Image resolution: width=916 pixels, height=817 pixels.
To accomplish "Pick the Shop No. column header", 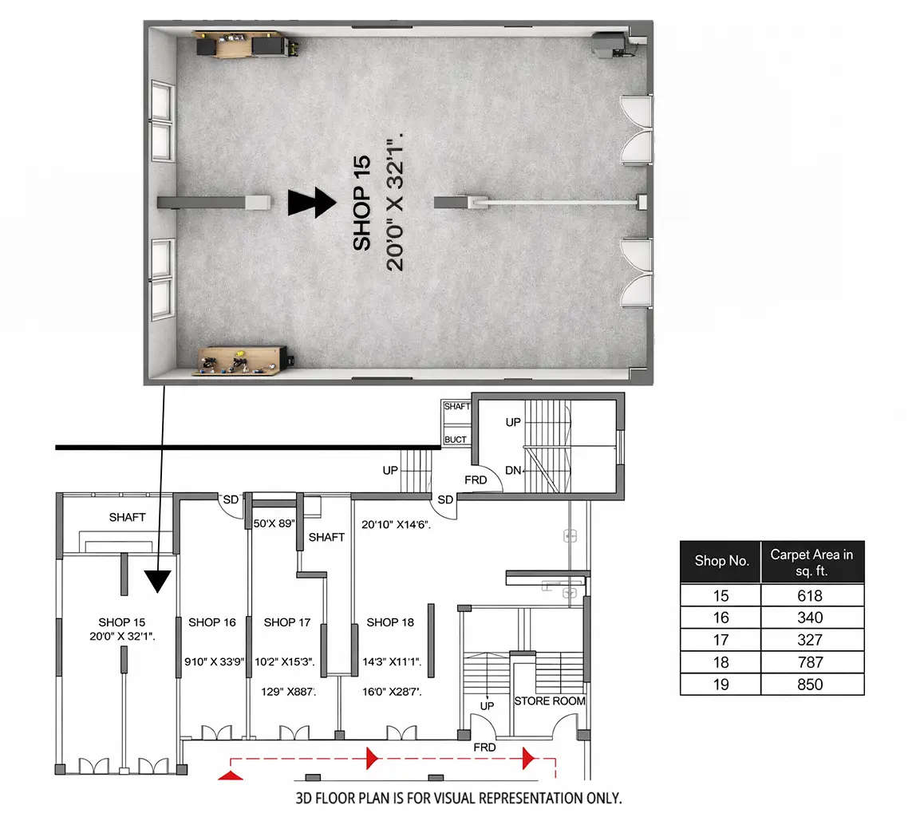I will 721,560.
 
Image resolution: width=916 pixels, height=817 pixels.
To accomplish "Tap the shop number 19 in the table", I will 721,684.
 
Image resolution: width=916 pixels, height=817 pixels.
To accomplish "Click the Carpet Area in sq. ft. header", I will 811,560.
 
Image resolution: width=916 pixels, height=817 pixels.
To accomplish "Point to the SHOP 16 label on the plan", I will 212,622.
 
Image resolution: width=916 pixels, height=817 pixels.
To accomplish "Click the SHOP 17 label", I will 287,622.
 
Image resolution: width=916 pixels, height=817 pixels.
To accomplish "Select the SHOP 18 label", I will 389,622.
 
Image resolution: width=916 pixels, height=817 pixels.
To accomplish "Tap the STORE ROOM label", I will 550,701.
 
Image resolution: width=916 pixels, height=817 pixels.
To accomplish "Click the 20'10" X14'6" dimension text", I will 397,524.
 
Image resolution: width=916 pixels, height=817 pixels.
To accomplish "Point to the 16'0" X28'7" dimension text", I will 392,692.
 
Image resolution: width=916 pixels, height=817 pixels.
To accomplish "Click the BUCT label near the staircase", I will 456,440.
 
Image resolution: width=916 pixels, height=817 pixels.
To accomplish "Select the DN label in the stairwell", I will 513,471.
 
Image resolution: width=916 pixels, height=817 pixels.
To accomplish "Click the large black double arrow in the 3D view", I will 312,203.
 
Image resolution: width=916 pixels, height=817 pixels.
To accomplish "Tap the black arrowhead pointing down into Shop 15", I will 158,581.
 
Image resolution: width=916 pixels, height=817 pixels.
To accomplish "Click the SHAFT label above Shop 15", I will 128,517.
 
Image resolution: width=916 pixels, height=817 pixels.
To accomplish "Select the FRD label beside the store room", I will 484,748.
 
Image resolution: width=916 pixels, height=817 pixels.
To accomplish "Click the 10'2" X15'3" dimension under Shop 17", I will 284,661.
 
